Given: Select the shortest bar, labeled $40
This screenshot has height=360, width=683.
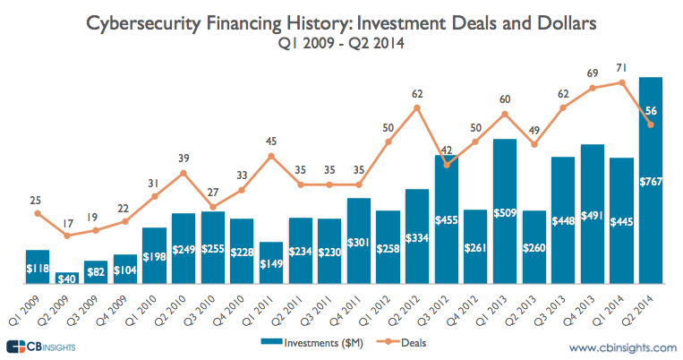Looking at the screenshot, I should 66,278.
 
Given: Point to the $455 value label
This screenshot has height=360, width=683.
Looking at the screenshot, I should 447,219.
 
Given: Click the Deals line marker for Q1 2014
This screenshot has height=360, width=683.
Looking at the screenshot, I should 622,82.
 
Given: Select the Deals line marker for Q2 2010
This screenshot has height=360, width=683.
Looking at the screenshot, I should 184,172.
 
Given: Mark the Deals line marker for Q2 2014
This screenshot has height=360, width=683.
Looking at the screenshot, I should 652,124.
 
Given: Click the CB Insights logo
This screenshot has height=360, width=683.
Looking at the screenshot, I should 40,346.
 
